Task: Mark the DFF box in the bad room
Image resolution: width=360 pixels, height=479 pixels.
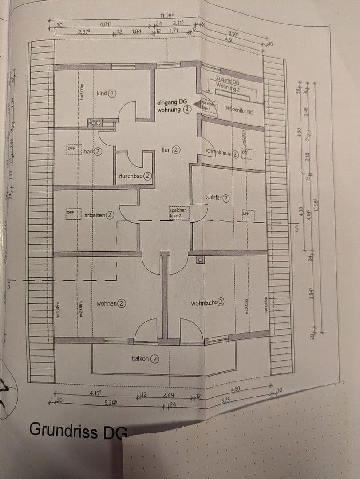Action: (71, 148)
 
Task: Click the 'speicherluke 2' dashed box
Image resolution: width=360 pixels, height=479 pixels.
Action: (179, 212)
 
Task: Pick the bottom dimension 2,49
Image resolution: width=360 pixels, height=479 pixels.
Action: (168, 395)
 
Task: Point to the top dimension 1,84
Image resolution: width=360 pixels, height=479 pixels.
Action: (137, 31)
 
